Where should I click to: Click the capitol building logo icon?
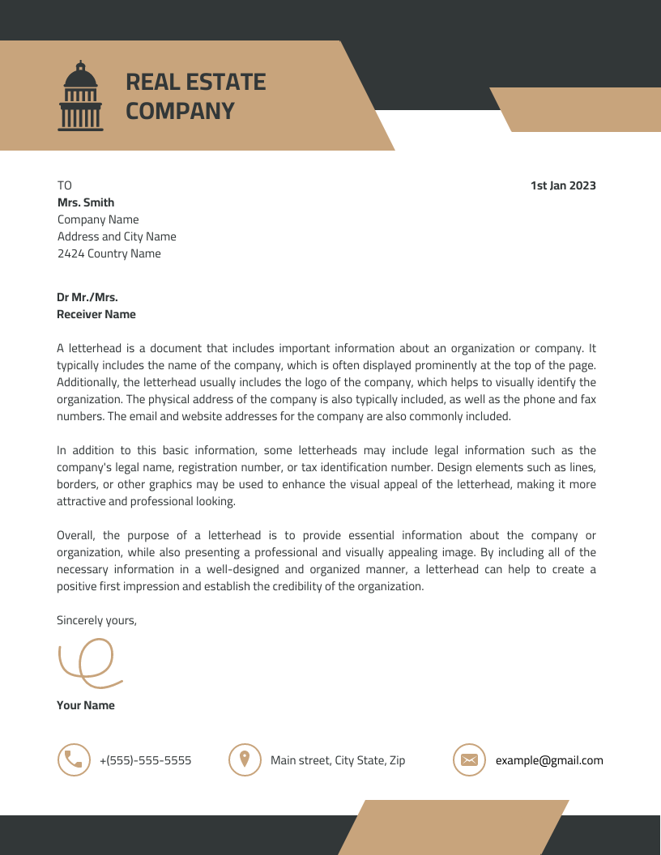click(80, 96)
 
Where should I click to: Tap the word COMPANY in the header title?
click(180, 111)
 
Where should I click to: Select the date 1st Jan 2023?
click(563, 185)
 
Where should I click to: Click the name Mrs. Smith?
click(85, 202)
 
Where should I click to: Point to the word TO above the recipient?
click(64, 185)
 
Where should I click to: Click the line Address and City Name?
click(117, 236)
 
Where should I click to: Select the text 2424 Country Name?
click(109, 253)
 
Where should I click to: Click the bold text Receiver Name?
click(96, 314)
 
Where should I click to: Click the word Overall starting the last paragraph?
click(77, 535)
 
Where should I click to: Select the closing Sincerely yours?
click(96, 620)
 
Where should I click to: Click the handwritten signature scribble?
click(87, 660)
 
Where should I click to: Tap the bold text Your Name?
click(85, 705)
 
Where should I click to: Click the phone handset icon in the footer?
click(74, 759)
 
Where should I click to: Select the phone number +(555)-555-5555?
click(145, 760)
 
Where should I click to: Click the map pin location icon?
click(245, 759)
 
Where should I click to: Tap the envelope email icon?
click(469, 759)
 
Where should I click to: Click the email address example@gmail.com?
click(549, 760)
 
